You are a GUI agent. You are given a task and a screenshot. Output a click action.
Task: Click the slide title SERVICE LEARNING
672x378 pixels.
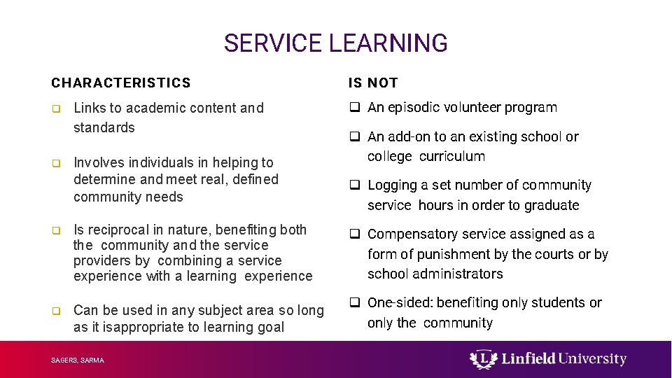coord(335,43)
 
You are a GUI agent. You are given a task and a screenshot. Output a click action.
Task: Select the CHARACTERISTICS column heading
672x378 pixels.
coord(120,83)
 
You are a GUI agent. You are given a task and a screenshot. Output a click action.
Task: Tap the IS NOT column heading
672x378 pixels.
coord(373,83)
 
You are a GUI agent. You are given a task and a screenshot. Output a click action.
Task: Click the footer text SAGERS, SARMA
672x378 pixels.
coord(77,360)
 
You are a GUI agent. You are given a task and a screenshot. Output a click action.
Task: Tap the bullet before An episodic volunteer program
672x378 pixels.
coord(355,108)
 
